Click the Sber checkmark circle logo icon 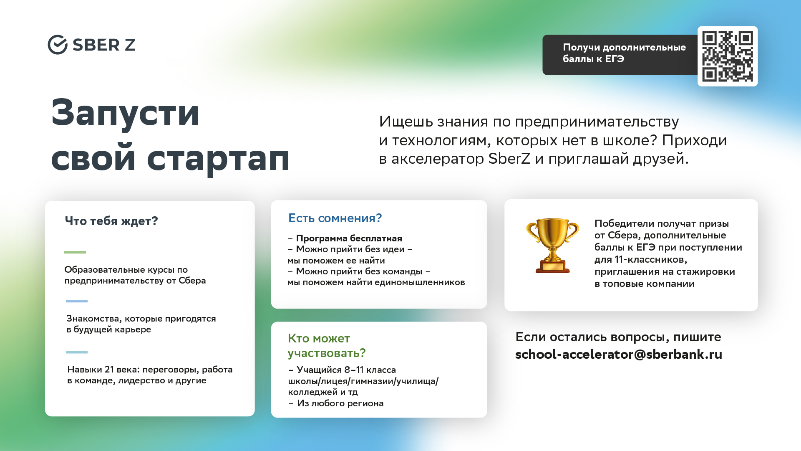[58, 45]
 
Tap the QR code [728, 56]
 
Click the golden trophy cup [552, 246]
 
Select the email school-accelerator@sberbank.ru [619, 354]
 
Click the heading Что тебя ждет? [111, 221]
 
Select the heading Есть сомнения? [335, 218]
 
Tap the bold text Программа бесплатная [349, 238]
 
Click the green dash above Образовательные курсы [75, 252]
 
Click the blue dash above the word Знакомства [77, 301]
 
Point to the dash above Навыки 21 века [77, 352]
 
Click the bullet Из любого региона [340, 403]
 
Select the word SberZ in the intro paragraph [509, 159]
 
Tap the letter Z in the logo [130, 45]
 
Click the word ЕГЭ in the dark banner [615, 59]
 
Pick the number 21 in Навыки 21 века [109, 370]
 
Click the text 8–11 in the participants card [354, 370]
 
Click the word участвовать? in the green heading [327, 353]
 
